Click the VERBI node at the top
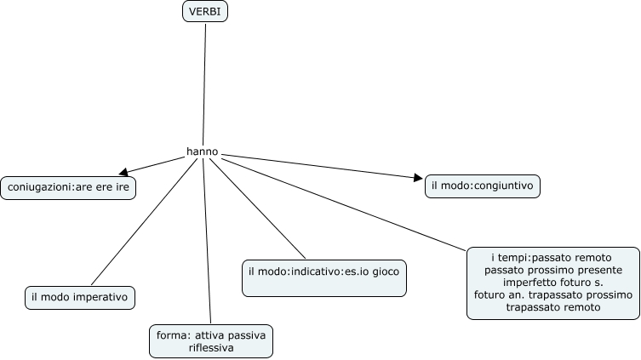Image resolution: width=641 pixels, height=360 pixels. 205,12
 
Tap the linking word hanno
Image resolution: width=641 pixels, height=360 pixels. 202,152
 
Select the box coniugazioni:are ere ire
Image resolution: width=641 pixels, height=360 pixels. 68,187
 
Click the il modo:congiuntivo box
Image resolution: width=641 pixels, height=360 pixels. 483,186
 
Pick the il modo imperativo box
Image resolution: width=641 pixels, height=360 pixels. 79,297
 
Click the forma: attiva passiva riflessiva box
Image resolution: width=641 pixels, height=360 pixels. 211,341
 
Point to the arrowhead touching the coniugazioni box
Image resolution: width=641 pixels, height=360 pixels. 124,172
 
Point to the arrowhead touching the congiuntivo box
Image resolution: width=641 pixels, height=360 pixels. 417,178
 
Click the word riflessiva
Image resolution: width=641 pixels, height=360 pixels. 211,348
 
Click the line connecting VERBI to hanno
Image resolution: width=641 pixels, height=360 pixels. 205,85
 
